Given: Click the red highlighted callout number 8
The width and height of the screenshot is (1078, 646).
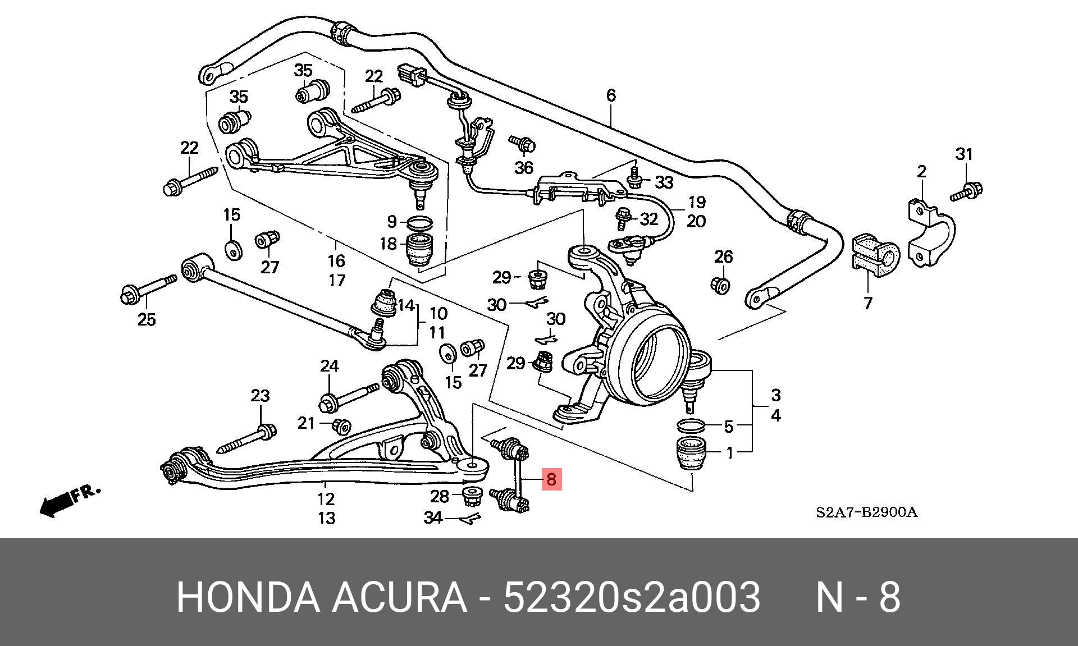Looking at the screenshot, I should coord(551,480).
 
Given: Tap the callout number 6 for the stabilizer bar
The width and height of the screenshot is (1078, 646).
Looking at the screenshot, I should coord(611,95).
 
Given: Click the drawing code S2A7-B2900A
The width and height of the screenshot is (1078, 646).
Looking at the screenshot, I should coord(866,512).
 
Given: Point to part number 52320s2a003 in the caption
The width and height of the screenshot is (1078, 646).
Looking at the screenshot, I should coord(632,597).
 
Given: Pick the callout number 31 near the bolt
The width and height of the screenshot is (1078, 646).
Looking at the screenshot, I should coord(963,154).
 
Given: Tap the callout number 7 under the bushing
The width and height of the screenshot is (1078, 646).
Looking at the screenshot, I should coord(868,304).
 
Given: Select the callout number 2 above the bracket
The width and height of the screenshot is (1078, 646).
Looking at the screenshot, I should coord(921,172).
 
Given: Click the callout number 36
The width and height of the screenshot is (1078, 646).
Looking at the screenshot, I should coord(524,167).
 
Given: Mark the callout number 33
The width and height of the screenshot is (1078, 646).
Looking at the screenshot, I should coord(664,182).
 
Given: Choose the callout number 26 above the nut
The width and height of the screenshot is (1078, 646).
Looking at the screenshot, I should coord(724,257).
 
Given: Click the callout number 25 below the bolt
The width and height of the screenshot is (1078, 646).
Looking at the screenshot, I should coord(147,320).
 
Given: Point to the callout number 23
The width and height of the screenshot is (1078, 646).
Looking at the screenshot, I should coord(260,396).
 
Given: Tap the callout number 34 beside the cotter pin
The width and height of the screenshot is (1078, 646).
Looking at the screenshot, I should coord(433,517).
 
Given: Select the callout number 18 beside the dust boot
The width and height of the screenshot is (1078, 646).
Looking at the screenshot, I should coord(388,244).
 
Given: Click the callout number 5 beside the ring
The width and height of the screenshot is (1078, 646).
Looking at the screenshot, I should coord(728,427).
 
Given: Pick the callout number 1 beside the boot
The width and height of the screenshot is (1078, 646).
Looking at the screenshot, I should coord(729,452).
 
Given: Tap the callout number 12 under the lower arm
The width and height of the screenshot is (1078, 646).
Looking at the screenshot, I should coord(326,499).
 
